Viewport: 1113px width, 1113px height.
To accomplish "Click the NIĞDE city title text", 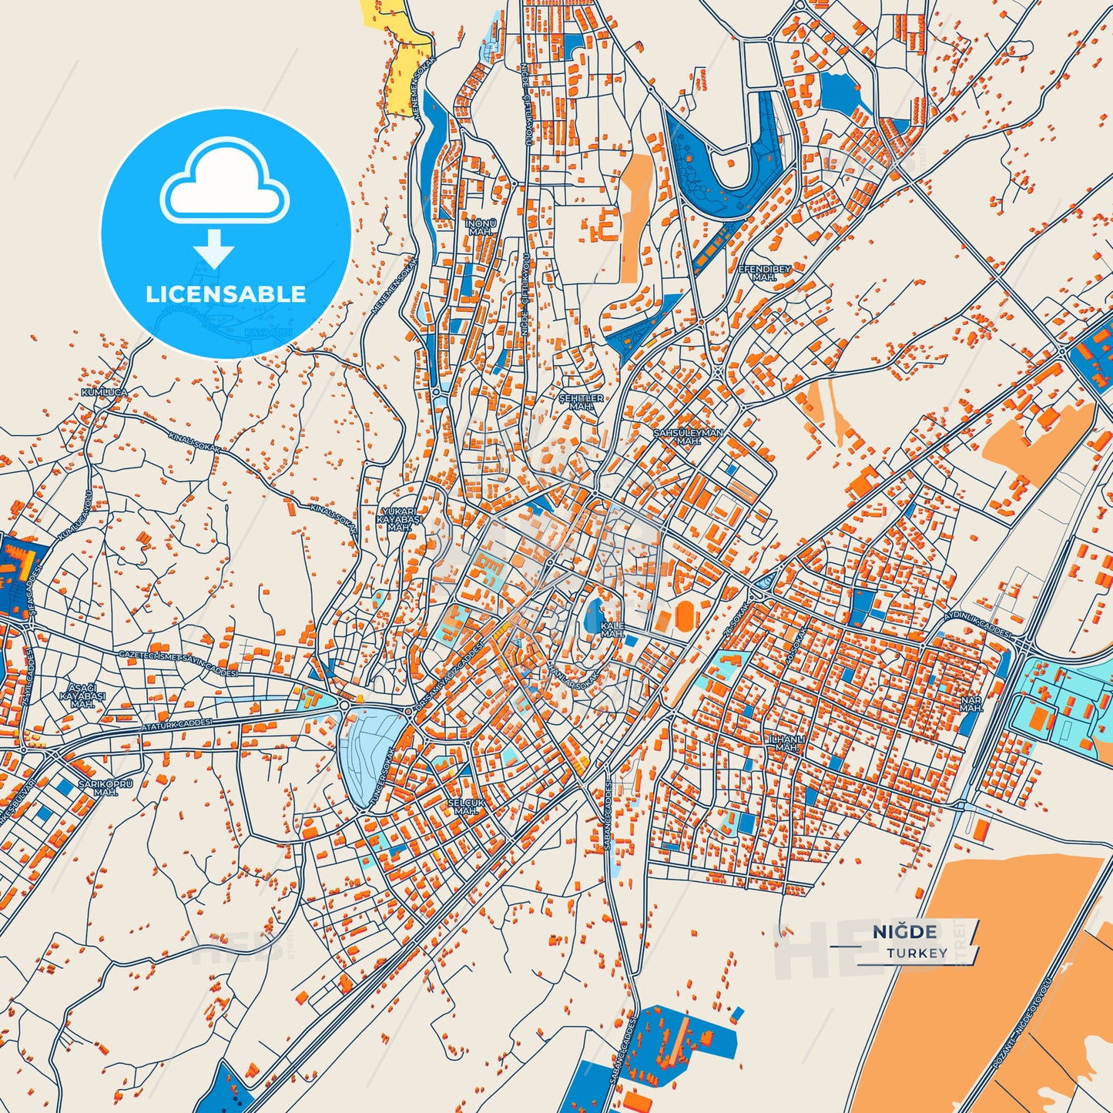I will (x=904, y=932).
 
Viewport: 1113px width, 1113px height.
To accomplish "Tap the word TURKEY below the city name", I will (x=917, y=953).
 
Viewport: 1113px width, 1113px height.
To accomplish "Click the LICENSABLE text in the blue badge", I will (x=226, y=293).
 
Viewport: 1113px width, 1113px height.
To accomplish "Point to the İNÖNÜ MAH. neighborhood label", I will (x=481, y=227).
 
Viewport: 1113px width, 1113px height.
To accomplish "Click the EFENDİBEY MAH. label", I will (x=764, y=273).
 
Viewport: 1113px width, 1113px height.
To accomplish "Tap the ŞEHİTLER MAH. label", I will (x=581, y=401).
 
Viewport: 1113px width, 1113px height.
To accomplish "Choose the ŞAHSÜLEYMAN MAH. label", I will (x=688, y=437).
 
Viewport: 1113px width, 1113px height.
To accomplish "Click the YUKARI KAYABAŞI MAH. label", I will (x=399, y=520).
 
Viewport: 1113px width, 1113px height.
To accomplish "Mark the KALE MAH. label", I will (x=612, y=629).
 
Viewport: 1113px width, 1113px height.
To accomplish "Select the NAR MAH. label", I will (x=971, y=704).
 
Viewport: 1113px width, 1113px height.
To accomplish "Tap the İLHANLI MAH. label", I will (x=787, y=743).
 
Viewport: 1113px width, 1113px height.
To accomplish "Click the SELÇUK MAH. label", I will (x=466, y=806).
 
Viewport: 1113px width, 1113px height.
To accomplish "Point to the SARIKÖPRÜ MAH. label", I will (x=106, y=788).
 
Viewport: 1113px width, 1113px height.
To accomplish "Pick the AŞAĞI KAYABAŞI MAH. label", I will (x=82, y=696).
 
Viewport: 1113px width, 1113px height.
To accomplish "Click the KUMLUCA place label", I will (x=104, y=393).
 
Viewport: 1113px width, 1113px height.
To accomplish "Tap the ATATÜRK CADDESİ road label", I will (x=176, y=726).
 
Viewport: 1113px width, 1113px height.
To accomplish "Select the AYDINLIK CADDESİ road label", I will (x=977, y=622).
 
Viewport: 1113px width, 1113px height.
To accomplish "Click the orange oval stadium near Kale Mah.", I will (x=683, y=615).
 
